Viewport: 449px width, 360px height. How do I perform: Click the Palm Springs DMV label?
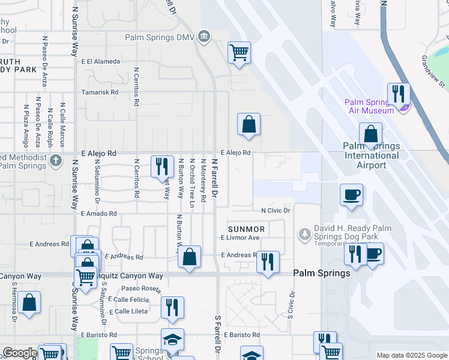pos(161,37)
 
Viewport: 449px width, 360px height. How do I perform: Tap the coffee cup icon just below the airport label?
pos(351,194)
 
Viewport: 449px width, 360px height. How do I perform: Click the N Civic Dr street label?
pos(276,211)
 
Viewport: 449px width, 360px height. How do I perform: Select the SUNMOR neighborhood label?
pos(246,230)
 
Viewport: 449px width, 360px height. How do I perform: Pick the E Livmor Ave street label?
pos(240,238)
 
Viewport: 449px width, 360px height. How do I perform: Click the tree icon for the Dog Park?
pos(305,232)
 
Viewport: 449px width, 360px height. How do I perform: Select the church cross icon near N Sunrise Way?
pos(56,160)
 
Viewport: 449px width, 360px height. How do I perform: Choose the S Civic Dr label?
pos(292,306)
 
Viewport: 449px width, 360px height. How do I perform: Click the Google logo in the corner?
pos(20,353)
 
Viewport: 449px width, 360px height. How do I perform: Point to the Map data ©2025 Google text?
pos(411,355)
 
